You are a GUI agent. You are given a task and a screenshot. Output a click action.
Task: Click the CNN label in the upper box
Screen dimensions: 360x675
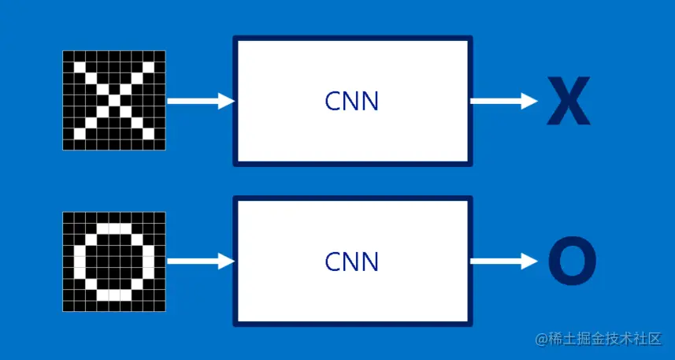(x=351, y=102)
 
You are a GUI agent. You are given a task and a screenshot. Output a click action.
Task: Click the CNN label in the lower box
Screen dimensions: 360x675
(x=351, y=262)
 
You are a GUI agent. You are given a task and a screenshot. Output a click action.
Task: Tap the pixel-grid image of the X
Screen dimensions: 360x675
(x=114, y=100)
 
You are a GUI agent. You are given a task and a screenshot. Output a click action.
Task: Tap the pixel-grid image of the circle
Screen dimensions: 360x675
(x=114, y=261)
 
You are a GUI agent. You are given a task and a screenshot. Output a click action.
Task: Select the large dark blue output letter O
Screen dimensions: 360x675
(x=572, y=262)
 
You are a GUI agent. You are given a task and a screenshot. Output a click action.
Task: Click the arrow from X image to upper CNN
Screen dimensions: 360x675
(x=200, y=101)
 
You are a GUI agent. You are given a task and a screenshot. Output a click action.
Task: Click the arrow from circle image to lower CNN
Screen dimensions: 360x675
(x=200, y=261)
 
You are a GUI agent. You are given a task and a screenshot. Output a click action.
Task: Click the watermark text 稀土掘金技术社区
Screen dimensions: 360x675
(x=605, y=340)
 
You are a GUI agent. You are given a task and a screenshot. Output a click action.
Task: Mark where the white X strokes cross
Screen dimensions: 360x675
(x=114, y=100)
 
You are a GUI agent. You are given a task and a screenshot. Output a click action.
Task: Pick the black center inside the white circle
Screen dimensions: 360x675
(x=114, y=261)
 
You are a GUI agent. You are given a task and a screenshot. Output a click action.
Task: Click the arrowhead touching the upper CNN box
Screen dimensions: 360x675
(x=227, y=101)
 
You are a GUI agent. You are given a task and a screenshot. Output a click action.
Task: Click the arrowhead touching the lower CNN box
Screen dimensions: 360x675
(x=227, y=261)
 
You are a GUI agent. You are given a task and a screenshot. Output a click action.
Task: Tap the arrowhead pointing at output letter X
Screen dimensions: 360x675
(x=530, y=101)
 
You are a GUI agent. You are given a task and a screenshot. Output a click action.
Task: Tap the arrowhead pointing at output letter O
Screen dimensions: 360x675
(x=530, y=261)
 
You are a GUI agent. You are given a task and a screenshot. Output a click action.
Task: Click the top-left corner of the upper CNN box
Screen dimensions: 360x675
(x=235, y=38)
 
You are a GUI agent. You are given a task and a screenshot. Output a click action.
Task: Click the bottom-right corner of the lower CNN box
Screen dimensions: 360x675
(x=470, y=324)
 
